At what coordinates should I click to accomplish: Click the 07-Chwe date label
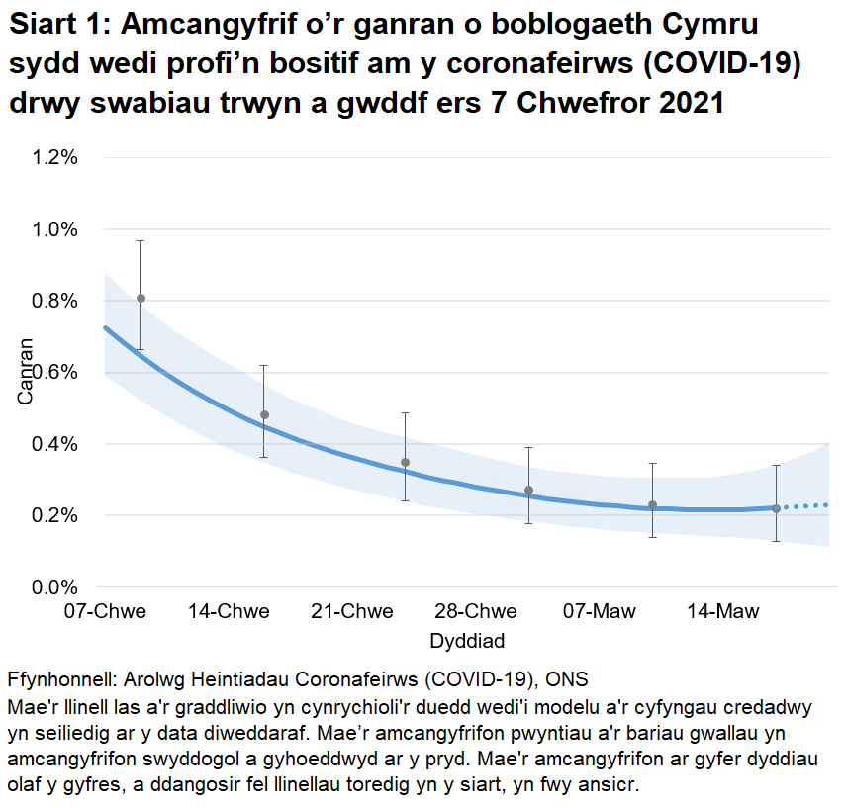105,611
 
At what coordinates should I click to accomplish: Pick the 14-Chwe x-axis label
229,611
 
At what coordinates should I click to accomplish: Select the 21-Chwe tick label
352,611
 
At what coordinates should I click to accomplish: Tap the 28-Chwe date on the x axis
476,611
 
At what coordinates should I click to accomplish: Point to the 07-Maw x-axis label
600,611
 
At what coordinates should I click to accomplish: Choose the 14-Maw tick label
722,611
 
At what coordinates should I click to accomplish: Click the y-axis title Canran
26,372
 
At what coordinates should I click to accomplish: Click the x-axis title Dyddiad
467,641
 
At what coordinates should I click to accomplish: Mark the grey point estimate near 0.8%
141,298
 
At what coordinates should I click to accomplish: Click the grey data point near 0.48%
264,414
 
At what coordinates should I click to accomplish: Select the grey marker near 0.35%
405,462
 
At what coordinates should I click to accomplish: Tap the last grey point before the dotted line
776,508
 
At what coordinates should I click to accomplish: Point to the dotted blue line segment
806,505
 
